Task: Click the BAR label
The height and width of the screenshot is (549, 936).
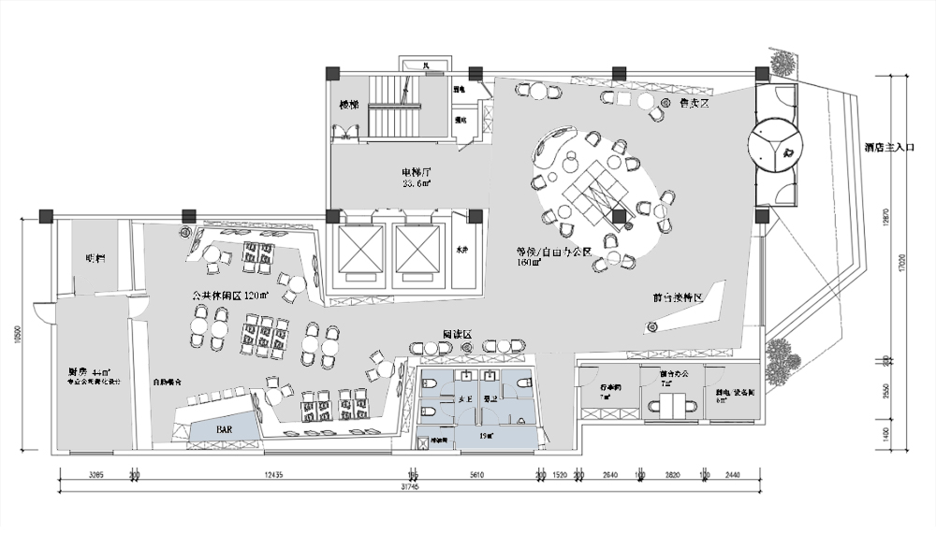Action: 225,428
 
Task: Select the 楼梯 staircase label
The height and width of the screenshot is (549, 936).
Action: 349,105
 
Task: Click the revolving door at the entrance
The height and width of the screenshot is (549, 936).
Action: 777,145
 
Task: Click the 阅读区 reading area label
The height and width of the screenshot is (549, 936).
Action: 456,334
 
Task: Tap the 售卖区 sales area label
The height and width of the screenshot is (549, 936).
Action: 694,104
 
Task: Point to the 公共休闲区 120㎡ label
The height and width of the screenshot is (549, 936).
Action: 229,296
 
